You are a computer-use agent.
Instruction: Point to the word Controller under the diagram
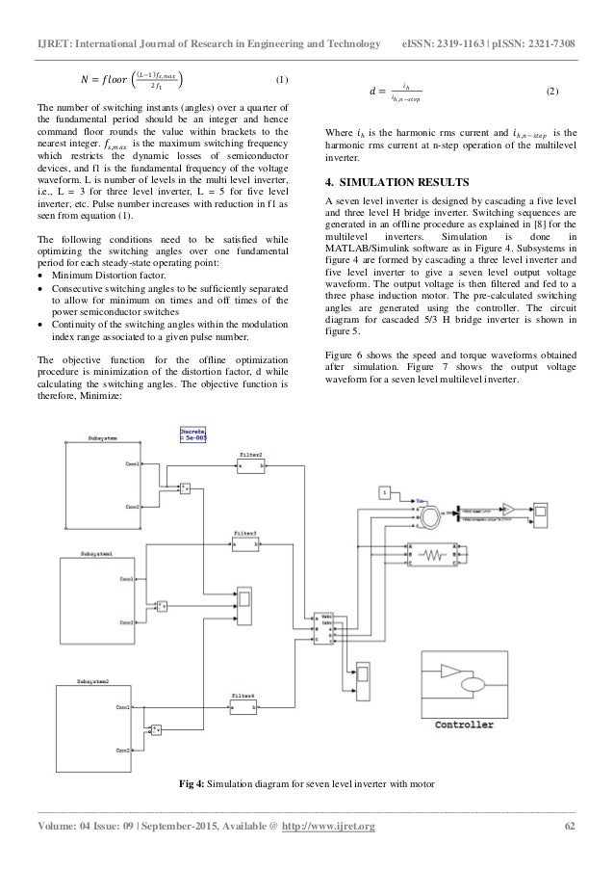click(465, 724)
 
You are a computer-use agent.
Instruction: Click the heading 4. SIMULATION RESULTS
click(397, 180)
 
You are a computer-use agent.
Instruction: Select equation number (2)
click(551, 91)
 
